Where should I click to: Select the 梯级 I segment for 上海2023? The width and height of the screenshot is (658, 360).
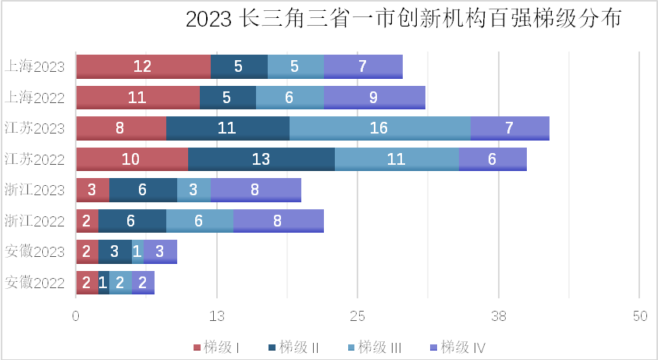143,66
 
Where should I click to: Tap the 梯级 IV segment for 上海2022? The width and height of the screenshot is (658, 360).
374,98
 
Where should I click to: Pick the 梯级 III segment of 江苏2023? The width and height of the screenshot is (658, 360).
379,128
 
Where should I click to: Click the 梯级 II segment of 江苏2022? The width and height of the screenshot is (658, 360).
261,159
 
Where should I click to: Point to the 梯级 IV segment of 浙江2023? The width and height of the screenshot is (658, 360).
255,190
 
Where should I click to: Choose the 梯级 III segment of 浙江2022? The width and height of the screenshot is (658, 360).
199,221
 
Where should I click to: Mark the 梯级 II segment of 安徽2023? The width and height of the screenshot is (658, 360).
114,251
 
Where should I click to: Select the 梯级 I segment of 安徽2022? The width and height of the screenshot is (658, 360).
86,283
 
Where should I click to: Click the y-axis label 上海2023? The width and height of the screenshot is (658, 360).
34,66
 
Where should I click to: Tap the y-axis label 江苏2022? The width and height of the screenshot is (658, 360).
34,159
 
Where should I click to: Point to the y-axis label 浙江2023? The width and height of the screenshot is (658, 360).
34,190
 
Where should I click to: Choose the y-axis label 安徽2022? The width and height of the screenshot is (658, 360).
34,283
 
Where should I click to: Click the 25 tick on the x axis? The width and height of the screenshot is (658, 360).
357,316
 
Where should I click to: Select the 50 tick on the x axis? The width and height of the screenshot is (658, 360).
639,316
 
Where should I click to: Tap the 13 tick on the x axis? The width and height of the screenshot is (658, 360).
217,316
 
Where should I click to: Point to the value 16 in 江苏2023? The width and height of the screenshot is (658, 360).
379,128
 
